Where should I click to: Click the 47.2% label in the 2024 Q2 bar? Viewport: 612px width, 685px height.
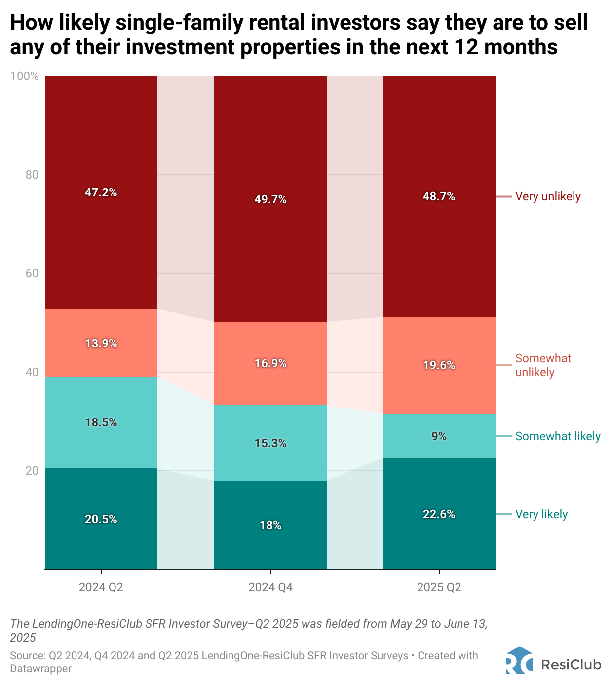tap(101, 192)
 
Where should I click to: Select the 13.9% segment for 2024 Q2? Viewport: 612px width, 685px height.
tap(101, 343)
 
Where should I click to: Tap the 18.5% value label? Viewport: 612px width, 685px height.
tap(101, 422)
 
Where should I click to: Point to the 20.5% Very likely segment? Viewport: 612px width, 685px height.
tap(101, 519)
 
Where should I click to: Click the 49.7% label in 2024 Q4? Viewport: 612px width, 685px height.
tap(270, 199)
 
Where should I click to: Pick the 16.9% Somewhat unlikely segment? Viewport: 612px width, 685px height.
tap(270, 363)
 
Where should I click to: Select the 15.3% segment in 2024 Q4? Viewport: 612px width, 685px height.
tap(270, 443)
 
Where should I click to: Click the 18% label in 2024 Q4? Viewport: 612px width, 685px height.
tap(270, 525)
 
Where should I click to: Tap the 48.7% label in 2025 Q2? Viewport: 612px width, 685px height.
tap(439, 196)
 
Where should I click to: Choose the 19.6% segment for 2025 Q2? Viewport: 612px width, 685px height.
tap(439, 365)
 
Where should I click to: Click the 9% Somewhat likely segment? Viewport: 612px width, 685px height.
tap(439, 436)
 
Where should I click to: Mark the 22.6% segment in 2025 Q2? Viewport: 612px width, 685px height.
tap(439, 514)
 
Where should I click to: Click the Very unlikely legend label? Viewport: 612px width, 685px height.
tap(548, 196)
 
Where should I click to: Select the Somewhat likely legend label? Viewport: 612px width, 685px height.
tap(558, 436)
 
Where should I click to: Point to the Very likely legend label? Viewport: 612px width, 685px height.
tap(541, 514)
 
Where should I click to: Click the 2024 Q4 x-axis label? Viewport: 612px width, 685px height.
tap(270, 587)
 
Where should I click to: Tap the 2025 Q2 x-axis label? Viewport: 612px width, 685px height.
tap(439, 587)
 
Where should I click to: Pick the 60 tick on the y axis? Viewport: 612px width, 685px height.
tap(32, 273)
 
